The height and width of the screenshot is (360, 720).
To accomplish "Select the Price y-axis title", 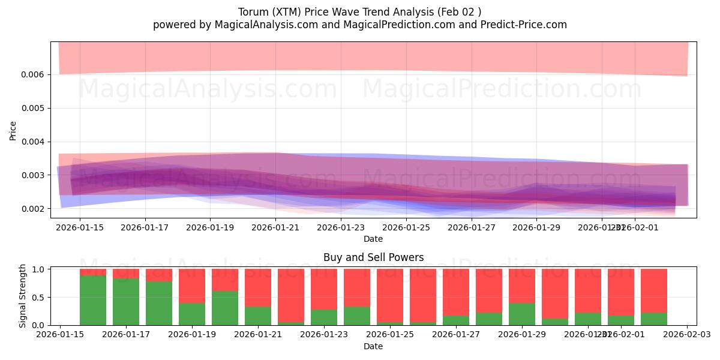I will [x=13, y=130].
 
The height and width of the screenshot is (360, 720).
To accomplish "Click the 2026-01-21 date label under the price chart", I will [x=275, y=227].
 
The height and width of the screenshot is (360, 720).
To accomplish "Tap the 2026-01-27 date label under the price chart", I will [x=472, y=227].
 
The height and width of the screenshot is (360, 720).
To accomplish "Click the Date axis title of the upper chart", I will [x=373, y=239].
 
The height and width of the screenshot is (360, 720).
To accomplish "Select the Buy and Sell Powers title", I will [x=373, y=257].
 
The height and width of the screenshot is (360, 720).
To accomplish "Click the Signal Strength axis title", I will [x=23, y=296].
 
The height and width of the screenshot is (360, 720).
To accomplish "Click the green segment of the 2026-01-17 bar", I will [x=126, y=302].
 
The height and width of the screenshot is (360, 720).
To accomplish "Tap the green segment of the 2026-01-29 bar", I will [x=521, y=314].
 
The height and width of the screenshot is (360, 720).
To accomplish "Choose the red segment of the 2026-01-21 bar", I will [x=257, y=287].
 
